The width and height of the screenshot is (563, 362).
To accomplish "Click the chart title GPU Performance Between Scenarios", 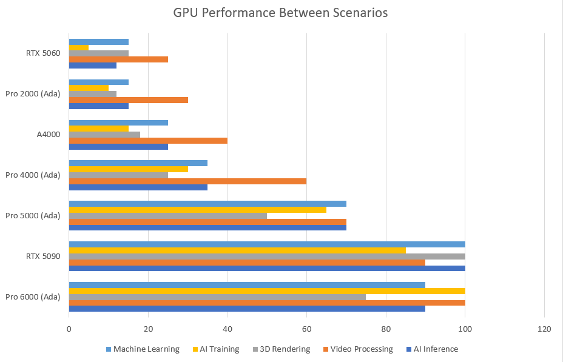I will pyautogui.click(x=280, y=12).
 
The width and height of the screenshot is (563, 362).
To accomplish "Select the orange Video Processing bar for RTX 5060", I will pyautogui.click(x=118, y=59).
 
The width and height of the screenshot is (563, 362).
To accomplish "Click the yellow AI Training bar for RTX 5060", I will pyautogui.click(x=79, y=47).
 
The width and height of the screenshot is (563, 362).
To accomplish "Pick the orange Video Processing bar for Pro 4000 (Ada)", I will pyautogui.click(x=187, y=181).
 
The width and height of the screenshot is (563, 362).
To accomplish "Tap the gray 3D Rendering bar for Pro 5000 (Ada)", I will pyautogui.click(x=168, y=215).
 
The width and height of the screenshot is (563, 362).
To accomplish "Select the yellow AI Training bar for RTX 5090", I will pyautogui.click(x=237, y=250).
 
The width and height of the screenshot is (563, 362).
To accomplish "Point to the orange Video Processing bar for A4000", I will pyautogui.click(x=148, y=141).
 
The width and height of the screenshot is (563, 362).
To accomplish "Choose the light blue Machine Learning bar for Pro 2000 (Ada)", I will pyautogui.click(x=99, y=82).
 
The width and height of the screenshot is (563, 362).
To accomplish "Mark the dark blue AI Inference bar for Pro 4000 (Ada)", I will pyautogui.click(x=138, y=187).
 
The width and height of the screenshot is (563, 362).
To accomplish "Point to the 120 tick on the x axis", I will pyautogui.click(x=544, y=329).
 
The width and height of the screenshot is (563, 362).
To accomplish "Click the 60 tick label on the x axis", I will pyautogui.click(x=306, y=329).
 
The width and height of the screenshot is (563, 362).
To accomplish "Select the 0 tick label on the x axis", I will pyautogui.click(x=69, y=329).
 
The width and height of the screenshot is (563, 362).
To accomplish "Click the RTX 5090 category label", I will pyautogui.click(x=43, y=256).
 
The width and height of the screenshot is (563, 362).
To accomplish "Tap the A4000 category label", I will pyautogui.click(x=49, y=134).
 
